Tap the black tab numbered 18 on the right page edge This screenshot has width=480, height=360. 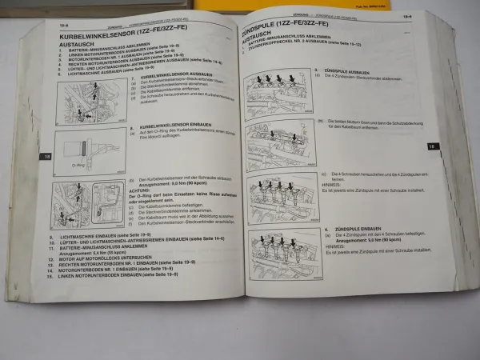point(454,146)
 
